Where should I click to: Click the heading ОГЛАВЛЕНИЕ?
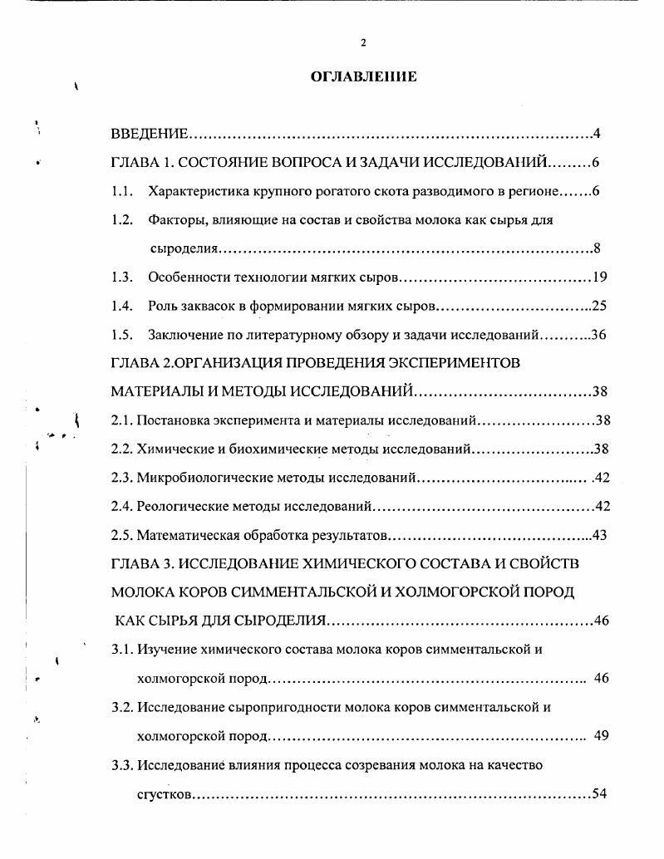[363, 77]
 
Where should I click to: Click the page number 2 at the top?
[363, 43]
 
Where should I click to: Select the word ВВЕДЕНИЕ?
[150, 134]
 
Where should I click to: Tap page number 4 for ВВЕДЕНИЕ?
[597, 134]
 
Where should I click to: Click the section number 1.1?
[122, 191]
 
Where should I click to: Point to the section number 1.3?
[122, 277]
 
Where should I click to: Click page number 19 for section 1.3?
[600, 277]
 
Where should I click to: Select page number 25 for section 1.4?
[599, 306]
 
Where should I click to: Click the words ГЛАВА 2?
[138, 364]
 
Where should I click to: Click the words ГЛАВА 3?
[138, 563]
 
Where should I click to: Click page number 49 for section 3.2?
[603, 736]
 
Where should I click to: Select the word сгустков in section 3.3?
[165, 794]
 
